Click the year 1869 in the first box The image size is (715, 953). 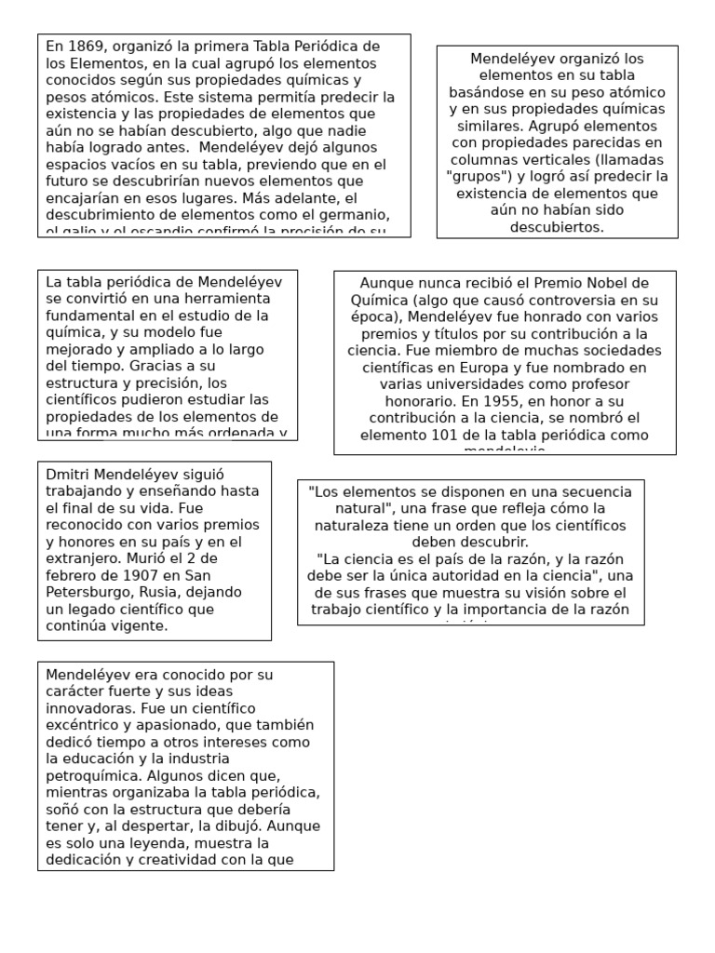[x=84, y=46]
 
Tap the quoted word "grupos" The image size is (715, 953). [x=479, y=176]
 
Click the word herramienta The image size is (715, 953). [x=225, y=299]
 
